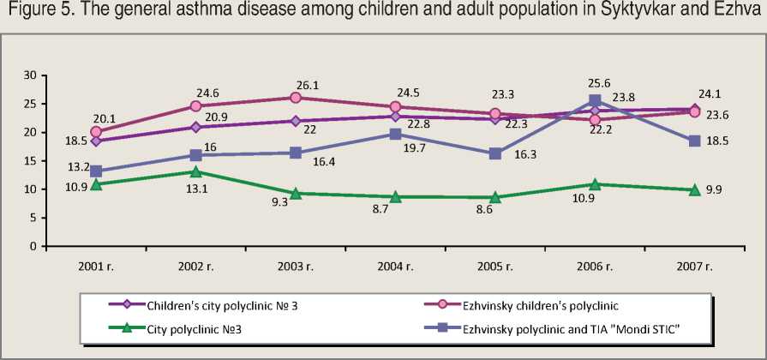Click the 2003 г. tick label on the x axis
tap(295, 266)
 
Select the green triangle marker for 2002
tap(195, 171)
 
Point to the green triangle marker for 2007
tap(694, 189)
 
